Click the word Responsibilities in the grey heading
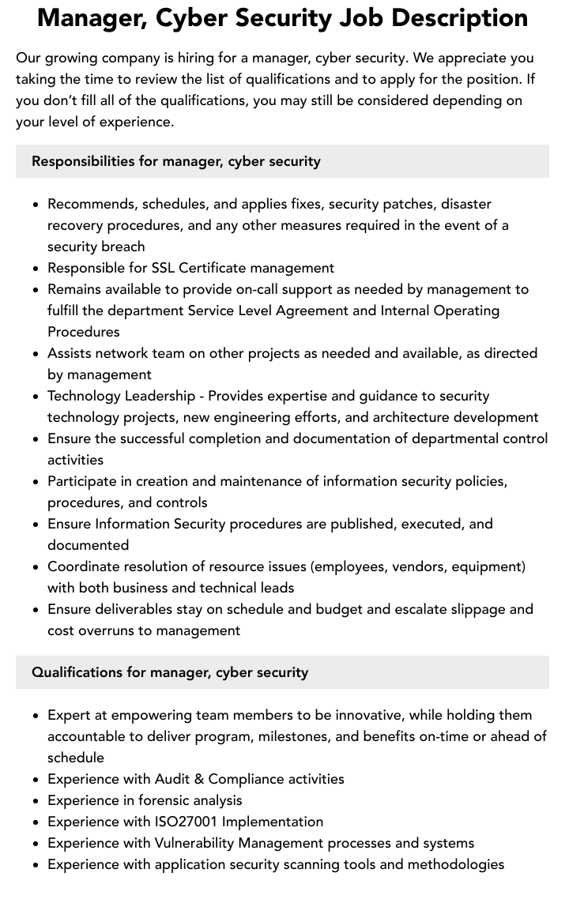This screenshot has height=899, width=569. click(x=83, y=161)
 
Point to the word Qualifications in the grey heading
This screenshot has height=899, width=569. click(x=77, y=672)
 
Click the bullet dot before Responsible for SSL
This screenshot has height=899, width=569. click(x=36, y=269)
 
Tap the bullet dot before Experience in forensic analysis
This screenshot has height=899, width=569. click(x=36, y=801)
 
